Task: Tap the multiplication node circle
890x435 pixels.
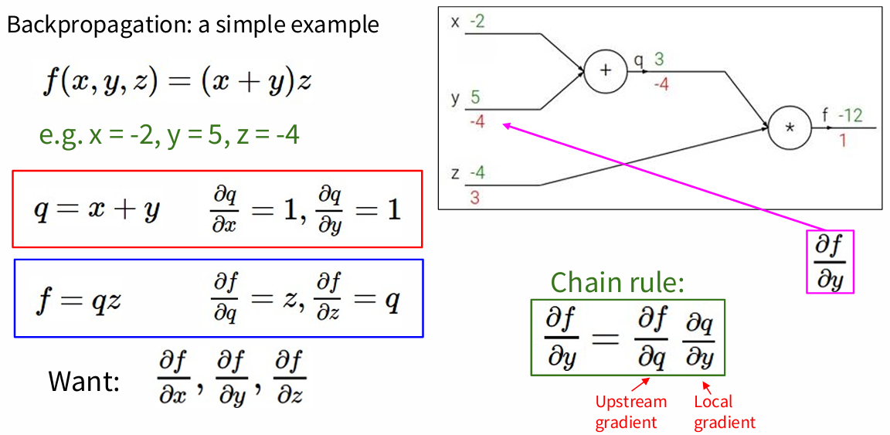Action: pos(790,127)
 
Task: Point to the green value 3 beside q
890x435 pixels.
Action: pos(659,59)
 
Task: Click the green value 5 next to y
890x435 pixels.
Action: pos(475,98)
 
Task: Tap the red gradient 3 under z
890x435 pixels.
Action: pos(474,197)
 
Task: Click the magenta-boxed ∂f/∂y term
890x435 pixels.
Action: pos(830,262)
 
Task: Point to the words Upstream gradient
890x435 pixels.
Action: pos(630,411)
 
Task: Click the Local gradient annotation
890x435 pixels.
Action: pos(724,411)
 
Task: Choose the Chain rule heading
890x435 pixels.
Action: pos(617,283)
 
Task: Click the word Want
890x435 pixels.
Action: pos(83,381)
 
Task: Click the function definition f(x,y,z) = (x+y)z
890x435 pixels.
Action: pos(177,81)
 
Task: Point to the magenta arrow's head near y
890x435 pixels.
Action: pos(504,125)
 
